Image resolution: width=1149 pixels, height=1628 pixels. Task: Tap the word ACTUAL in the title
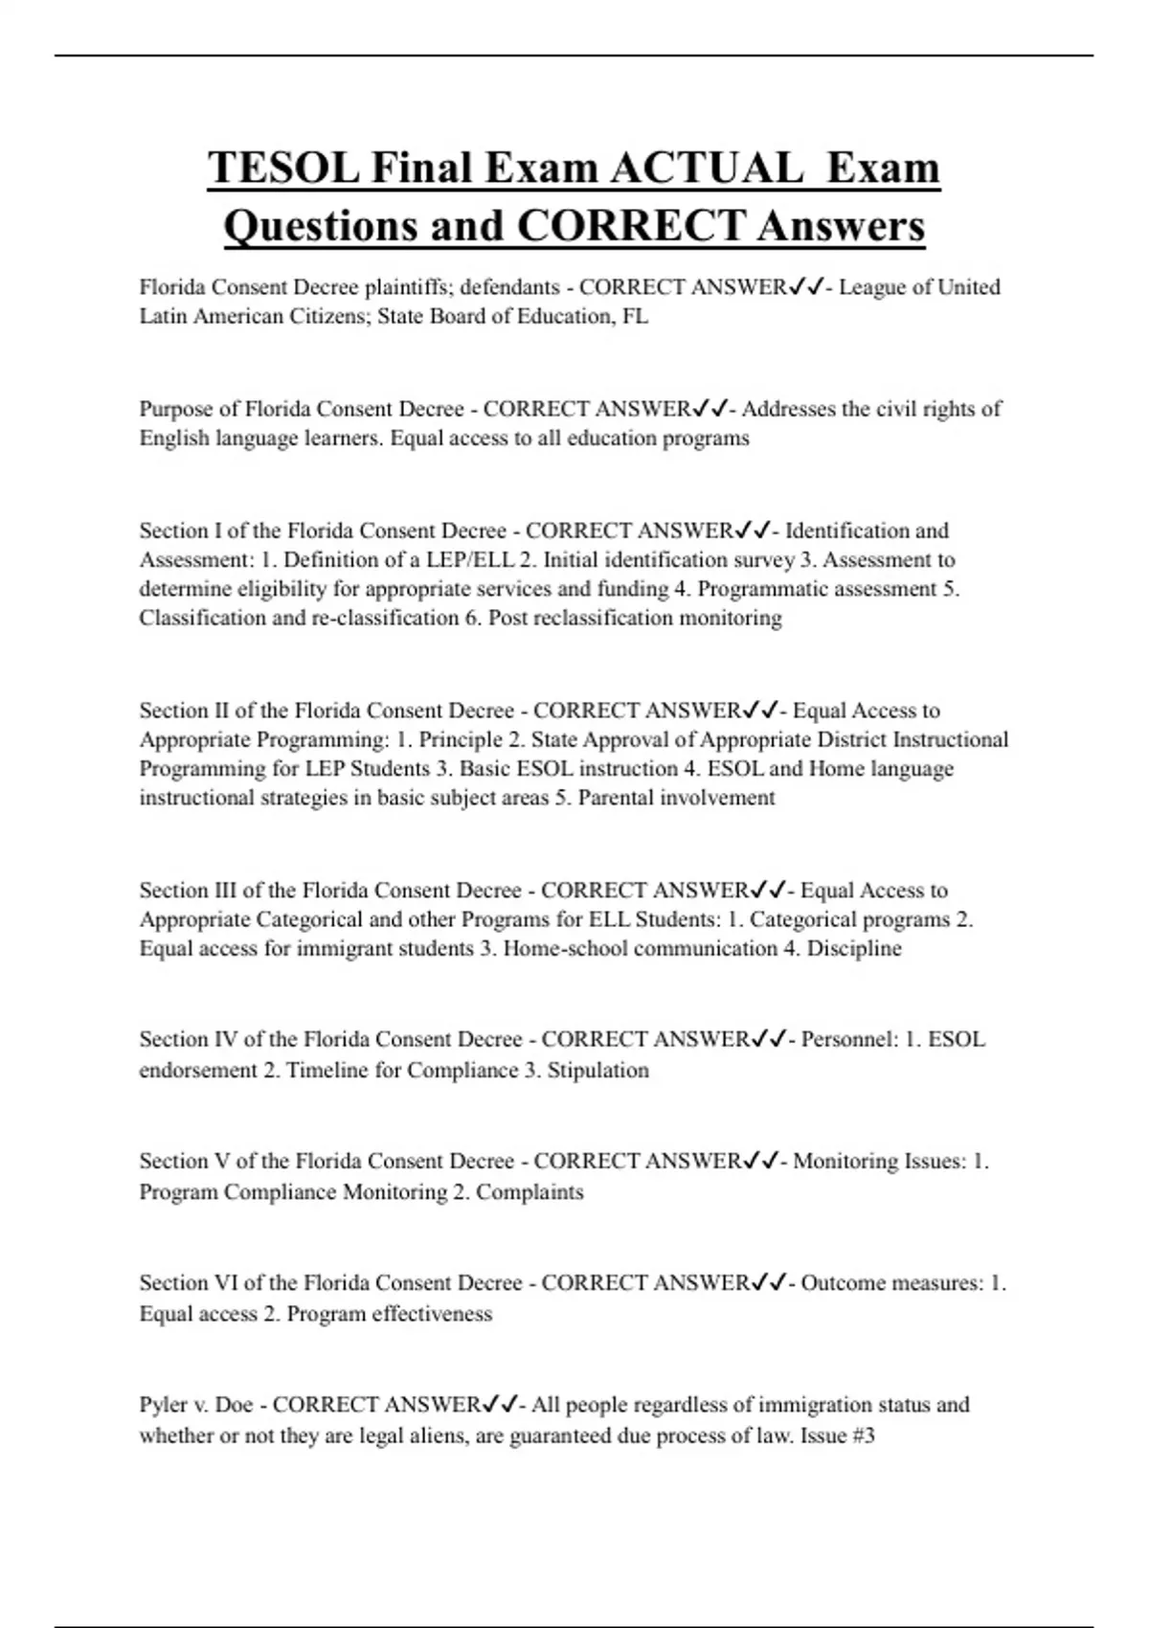707,168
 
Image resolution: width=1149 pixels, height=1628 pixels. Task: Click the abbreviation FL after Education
635,316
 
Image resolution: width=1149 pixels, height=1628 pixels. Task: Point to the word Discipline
854,948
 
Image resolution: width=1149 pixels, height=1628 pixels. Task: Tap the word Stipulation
597,1070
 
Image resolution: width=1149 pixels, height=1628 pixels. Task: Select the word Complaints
529,1192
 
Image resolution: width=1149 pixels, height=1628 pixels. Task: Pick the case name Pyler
163,1405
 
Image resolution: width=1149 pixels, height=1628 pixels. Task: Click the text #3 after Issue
862,1436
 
